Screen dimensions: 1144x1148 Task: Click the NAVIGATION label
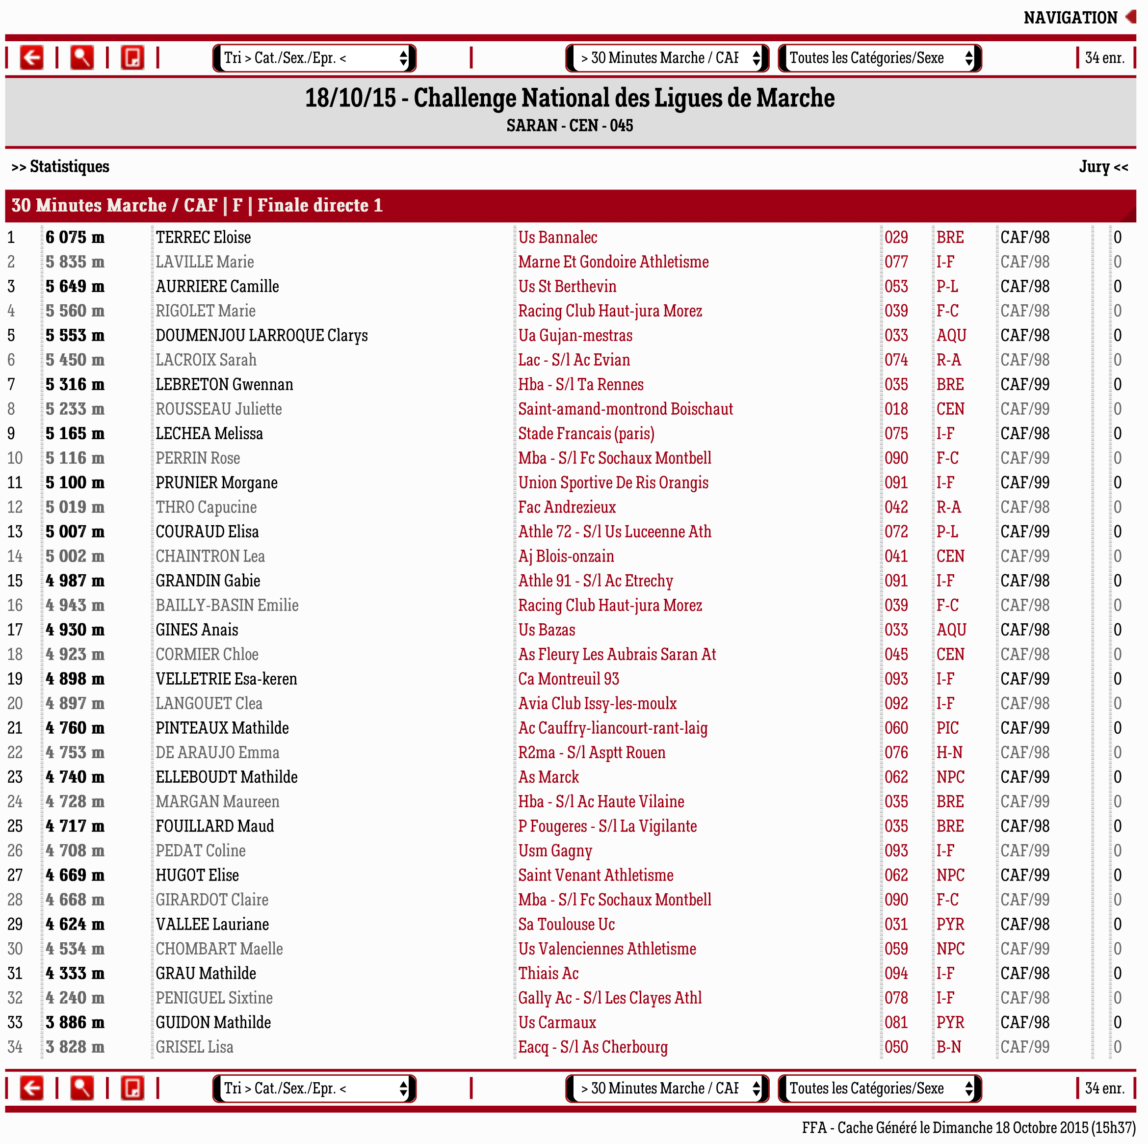[x=1070, y=18]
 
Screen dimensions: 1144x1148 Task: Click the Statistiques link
[x=61, y=166]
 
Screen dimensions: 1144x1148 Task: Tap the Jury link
[x=1103, y=166]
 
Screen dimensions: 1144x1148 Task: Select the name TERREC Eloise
[x=203, y=237]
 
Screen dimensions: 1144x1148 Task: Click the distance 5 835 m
[x=75, y=262]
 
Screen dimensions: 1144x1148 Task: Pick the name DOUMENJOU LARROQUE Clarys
[x=261, y=335]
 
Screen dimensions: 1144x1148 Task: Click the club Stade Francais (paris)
[x=586, y=433]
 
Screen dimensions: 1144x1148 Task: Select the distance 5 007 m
[x=75, y=532]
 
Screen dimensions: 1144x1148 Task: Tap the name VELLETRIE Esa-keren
[x=226, y=679]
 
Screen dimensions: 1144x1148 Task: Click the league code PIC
[x=947, y=728]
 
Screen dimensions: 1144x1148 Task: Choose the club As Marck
[x=548, y=777]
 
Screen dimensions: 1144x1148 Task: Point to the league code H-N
[x=949, y=752]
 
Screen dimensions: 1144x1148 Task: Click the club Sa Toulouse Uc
[x=566, y=924]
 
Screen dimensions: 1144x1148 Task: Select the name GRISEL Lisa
[x=194, y=1046]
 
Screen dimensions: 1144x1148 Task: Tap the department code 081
[x=895, y=1022]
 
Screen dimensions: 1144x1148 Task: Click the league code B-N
[x=948, y=1046]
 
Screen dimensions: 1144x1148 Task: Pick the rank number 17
[x=15, y=629]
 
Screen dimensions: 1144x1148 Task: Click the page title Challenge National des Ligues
[x=569, y=98]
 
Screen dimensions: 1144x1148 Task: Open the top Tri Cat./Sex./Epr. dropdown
[x=314, y=57]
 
